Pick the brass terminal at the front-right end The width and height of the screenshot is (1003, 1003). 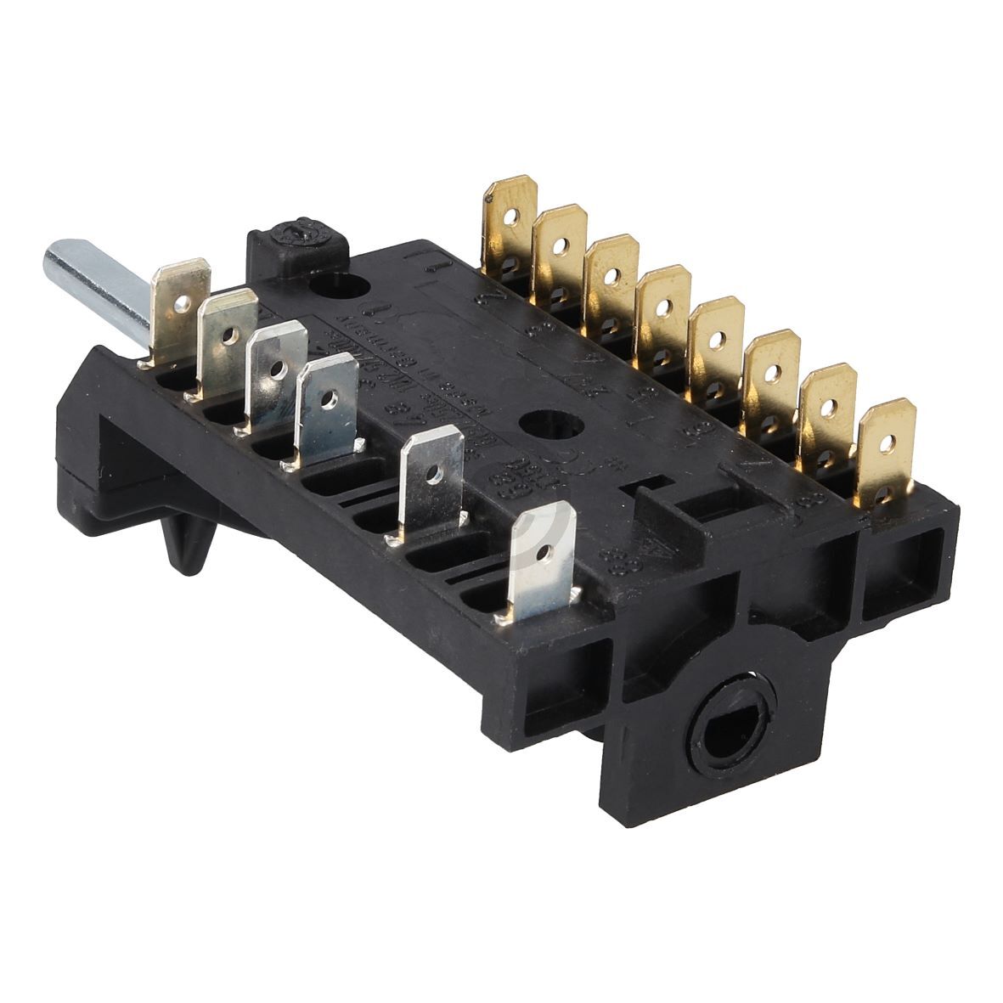click(x=887, y=449)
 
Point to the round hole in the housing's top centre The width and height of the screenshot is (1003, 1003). click(x=538, y=424)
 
